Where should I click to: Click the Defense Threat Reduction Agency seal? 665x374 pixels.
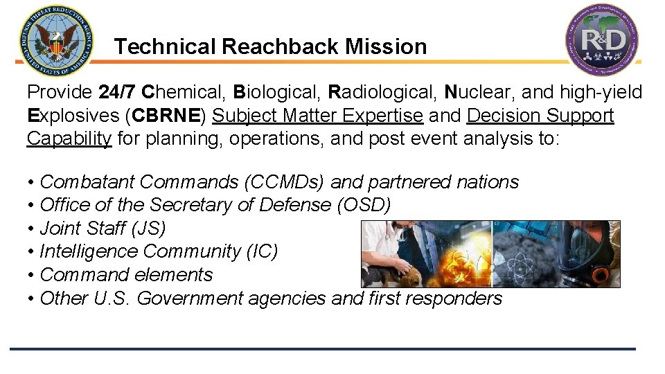pyautogui.click(x=57, y=42)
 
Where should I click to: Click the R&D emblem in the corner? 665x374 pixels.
pyautogui.click(x=601, y=39)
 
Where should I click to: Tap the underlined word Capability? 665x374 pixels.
pyautogui.click(x=69, y=139)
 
